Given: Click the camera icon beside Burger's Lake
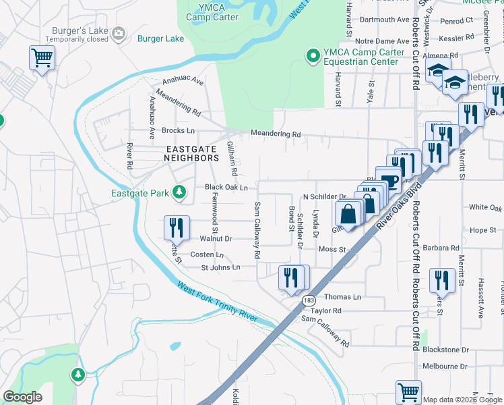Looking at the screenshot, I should pos(119,32).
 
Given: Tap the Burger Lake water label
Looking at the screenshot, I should pos(160,39).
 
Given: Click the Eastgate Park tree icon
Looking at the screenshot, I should pos(179,193).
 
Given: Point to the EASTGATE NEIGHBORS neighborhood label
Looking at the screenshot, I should pos(191,152).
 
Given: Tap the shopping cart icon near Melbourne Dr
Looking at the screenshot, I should pos(409,391).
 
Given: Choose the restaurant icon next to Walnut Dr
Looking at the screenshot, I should pos(174,226).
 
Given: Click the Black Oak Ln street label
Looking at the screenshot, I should pos(226,187).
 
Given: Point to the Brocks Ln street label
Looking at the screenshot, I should pos(178,130).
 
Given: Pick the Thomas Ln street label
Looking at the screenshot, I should pos(343,297).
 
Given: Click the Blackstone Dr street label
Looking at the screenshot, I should pos(445,350).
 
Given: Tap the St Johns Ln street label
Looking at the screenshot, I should pos(220,267).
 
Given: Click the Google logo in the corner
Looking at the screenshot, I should pos(22,397).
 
